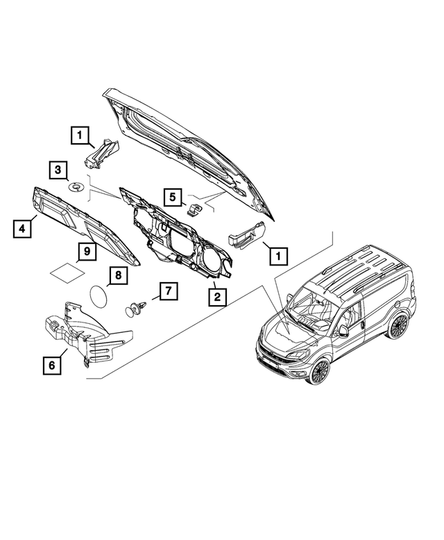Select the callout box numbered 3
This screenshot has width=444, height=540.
pyautogui.click(x=58, y=169)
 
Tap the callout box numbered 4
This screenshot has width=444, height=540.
pyautogui.click(x=24, y=227)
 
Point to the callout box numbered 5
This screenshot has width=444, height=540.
pyautogui.click(x=173, y=197)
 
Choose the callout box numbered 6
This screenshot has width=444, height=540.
pyautogui.click(x=50, y=363)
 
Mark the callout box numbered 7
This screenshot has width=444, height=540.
pyautogui.click(x=167, y=291)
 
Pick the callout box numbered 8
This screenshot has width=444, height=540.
pyautogui.click(x=118, y=275)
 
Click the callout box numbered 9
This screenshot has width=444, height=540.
pyautogui.click(x=87, y=251)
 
